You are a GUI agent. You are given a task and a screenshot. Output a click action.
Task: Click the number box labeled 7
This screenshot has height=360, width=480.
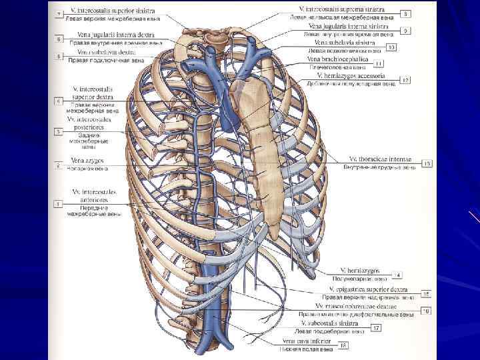click(59, 13)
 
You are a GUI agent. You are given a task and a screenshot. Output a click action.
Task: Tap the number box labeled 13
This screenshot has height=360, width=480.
click(427, 163)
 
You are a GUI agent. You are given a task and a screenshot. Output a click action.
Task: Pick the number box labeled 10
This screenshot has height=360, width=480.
click(391, 47)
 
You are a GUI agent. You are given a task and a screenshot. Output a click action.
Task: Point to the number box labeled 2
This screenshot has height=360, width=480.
click(59, 165)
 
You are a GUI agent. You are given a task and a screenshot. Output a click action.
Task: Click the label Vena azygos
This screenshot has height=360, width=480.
click(86, 161)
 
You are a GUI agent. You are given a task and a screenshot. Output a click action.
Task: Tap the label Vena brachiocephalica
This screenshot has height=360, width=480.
click(337, 59)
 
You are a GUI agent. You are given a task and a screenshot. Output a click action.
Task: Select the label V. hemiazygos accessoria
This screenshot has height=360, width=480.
click(346, 76)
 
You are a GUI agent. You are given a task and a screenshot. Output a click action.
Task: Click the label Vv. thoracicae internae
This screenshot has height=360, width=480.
click(380, 159)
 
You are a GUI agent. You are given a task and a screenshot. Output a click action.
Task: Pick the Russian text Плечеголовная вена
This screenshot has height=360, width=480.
click(337, 67)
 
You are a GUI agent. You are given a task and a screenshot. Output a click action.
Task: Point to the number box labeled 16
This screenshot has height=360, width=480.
click(427, 310)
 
